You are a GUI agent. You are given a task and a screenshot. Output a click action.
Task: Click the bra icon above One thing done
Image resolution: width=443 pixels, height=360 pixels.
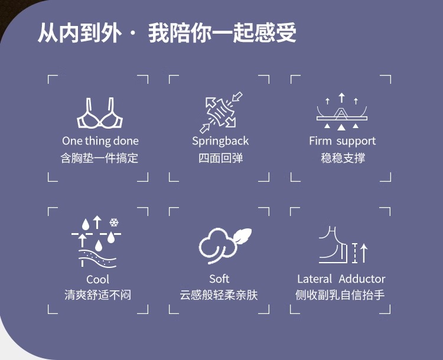click(100, 114)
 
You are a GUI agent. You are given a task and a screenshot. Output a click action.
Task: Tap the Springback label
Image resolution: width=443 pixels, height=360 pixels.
click(220, 141)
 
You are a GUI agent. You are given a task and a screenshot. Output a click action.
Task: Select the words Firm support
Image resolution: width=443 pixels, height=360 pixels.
click(342, 141)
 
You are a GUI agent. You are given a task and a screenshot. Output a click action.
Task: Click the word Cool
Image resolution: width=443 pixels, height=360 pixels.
click(98, 279)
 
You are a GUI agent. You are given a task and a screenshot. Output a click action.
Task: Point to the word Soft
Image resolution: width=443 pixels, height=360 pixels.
click(219, 279)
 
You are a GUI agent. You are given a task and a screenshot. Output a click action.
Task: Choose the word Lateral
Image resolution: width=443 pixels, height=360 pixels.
click(315, 279)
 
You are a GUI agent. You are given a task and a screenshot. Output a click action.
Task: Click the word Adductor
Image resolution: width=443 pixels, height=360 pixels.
click(362, 279)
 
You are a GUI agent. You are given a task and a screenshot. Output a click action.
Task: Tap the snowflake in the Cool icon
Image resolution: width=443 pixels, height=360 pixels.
click(114, 222)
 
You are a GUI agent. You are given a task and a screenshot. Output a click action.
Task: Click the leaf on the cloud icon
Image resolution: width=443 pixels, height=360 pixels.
click(240, 235)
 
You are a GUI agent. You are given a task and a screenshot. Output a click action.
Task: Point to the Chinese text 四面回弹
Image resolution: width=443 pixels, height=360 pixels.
click(220, 158)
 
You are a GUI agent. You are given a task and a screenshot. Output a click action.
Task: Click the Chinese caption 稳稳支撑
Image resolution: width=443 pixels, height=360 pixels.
click(342, 158)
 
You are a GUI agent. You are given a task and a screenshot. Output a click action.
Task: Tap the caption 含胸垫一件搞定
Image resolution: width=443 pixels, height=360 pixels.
click(100, 158)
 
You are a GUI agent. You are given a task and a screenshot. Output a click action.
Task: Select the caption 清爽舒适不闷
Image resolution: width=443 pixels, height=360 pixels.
click(98, 294)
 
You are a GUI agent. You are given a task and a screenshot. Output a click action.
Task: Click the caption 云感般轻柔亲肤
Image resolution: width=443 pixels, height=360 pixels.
click(219, 294)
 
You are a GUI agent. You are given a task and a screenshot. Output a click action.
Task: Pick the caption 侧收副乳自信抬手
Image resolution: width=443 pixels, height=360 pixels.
click(341, 294)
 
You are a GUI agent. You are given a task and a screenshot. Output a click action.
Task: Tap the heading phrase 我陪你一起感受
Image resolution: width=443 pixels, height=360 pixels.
click(223, 33)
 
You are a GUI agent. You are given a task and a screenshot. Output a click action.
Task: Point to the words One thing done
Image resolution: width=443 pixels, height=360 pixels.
click(100, 141)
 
